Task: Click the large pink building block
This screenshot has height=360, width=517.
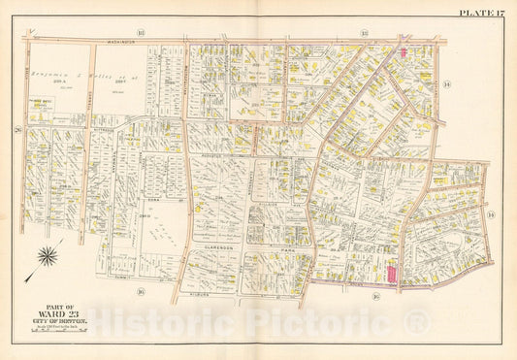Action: pyautogui.click(x=393, y=275)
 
